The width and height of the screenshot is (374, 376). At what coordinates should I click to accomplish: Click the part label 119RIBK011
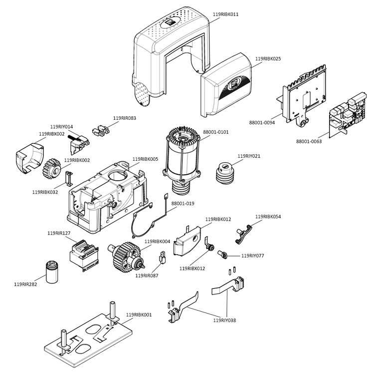click(225, 14)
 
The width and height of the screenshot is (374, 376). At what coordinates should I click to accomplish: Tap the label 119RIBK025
click(268, 59)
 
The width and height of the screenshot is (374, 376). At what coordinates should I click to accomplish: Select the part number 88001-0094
click(262, 122)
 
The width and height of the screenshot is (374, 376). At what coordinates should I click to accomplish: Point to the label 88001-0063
click(309, 142)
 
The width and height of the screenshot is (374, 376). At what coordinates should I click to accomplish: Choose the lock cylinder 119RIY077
click(223, 254)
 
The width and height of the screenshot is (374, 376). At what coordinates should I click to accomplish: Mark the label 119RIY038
click(224, 320)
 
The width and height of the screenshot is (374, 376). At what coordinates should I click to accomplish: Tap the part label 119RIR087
click(147, 275)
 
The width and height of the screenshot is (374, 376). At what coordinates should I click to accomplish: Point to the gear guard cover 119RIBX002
click(28, 159)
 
